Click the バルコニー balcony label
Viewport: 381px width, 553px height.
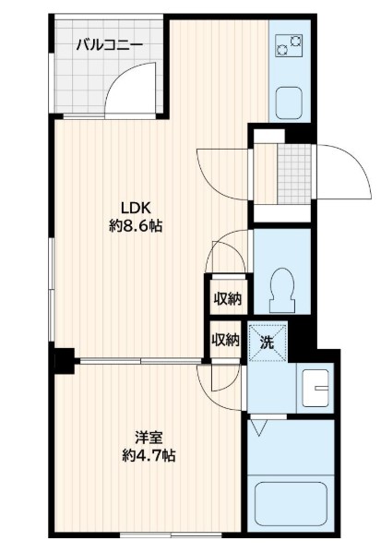pyautogui.click(x=110, y=45)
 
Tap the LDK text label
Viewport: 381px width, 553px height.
pyautogui.click(x=137, y=208)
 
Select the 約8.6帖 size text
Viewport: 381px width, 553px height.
pyautogui.click(x=136, y=226)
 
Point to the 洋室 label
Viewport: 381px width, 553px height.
pyautogui.click(x=149, y=438)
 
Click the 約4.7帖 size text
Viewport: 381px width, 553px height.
pyautogui.click(x=149, y=456)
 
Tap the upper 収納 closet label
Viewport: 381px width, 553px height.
pyautogui.click(x=228, y=299)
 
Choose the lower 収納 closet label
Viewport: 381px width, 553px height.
pyautogui.click(x=226, y=340)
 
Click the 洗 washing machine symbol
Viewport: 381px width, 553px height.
pyautogui.click(x=268, y=343)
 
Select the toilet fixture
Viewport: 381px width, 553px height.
pyautogui.click(x=282, y=290)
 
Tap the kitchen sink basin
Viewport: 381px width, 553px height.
pyautogui.click(x=289, y=103)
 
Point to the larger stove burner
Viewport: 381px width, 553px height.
pyautogui.click(x=282, y=50)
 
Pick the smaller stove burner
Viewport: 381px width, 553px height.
pyautogui.click(x=295, y=42)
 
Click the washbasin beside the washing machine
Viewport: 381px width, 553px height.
pyautogui.click(x=316, y=389)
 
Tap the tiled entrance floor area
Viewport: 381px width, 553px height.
pyautogui.click(x=294, y=174)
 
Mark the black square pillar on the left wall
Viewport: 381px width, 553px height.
pyautogui.click(x=64, y=361)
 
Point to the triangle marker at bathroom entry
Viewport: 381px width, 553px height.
pyautogui.click(x=259, y=427)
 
